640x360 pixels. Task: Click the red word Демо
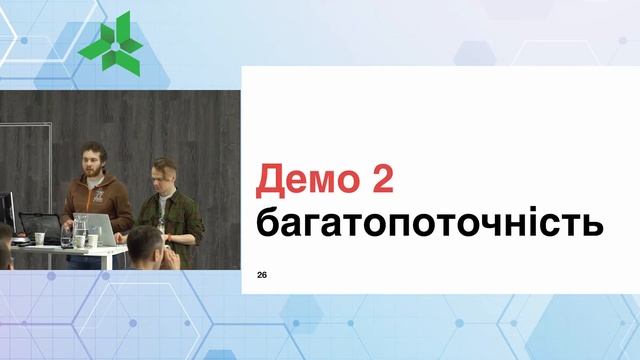pyautogui.click(x=308, y=180)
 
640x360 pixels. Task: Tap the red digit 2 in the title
pyautogui.click(x=379, y=180)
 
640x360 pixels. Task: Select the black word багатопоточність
pyautogui.click(x=430, y=222)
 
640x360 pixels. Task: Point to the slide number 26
pyautogui.click(x=262, y=274)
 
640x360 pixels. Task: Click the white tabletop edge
pyautogui.click(x=60, y=249)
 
